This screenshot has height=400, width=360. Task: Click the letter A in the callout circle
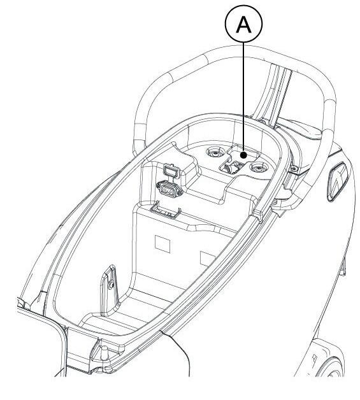(x=243, y=24)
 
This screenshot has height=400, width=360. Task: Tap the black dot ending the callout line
(x=243, y=155)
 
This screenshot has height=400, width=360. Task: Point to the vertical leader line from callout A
(x=243, y=97)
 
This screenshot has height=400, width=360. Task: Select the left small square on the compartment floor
(x=162, y=244)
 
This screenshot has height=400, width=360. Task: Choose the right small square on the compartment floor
(x=207, y=259)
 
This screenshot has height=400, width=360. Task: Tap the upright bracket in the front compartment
(x=109, y=291)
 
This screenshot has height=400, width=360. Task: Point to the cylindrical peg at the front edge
(x=104, y=353)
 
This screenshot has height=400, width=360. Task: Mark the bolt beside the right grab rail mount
(x=294, y=168)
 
